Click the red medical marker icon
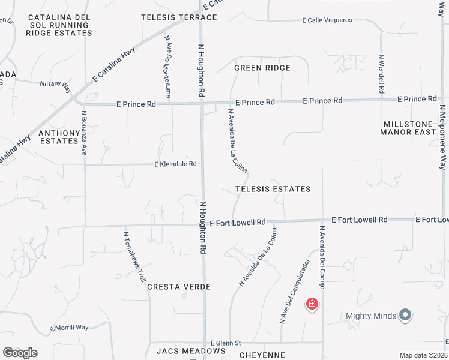[312, 304]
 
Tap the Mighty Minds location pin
[405, 314]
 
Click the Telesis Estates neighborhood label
[273, 189]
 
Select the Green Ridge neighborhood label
[262, 68]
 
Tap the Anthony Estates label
[59, 137]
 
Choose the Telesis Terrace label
[170, 18]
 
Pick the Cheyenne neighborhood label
[262, 355]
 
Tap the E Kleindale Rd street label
[176, 164]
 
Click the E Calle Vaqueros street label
[327, 20]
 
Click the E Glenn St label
[223, 343]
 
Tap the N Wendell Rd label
[381, 74]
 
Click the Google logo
[20, 353]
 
